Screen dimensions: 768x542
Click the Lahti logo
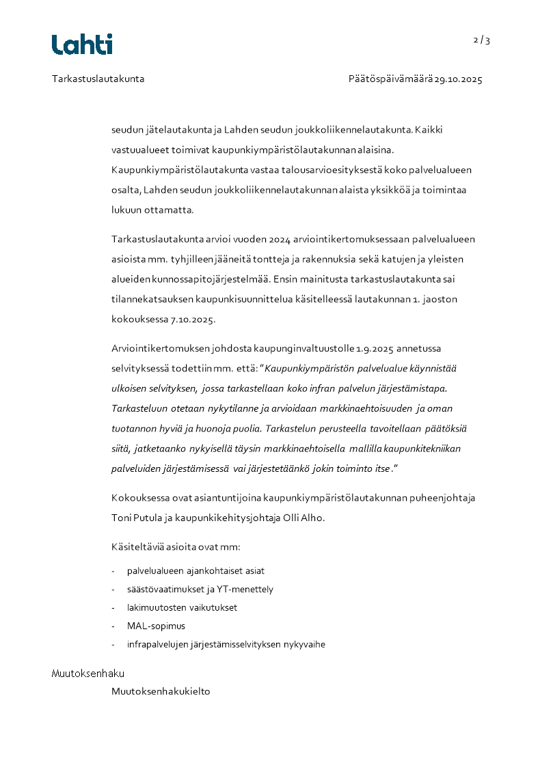point(82,44)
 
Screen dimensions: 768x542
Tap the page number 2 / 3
point(482,40)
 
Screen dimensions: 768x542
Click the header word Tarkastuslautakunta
point(98,79)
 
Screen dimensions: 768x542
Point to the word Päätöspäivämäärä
point(390,79)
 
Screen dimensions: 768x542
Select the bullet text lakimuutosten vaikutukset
point(182,607)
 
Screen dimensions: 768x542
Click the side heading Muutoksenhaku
point(88,674)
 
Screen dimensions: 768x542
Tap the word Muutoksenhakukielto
point(161,691)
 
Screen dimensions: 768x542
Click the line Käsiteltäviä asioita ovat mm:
point(176,548)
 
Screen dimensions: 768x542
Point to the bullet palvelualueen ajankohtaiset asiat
point(195,570)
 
